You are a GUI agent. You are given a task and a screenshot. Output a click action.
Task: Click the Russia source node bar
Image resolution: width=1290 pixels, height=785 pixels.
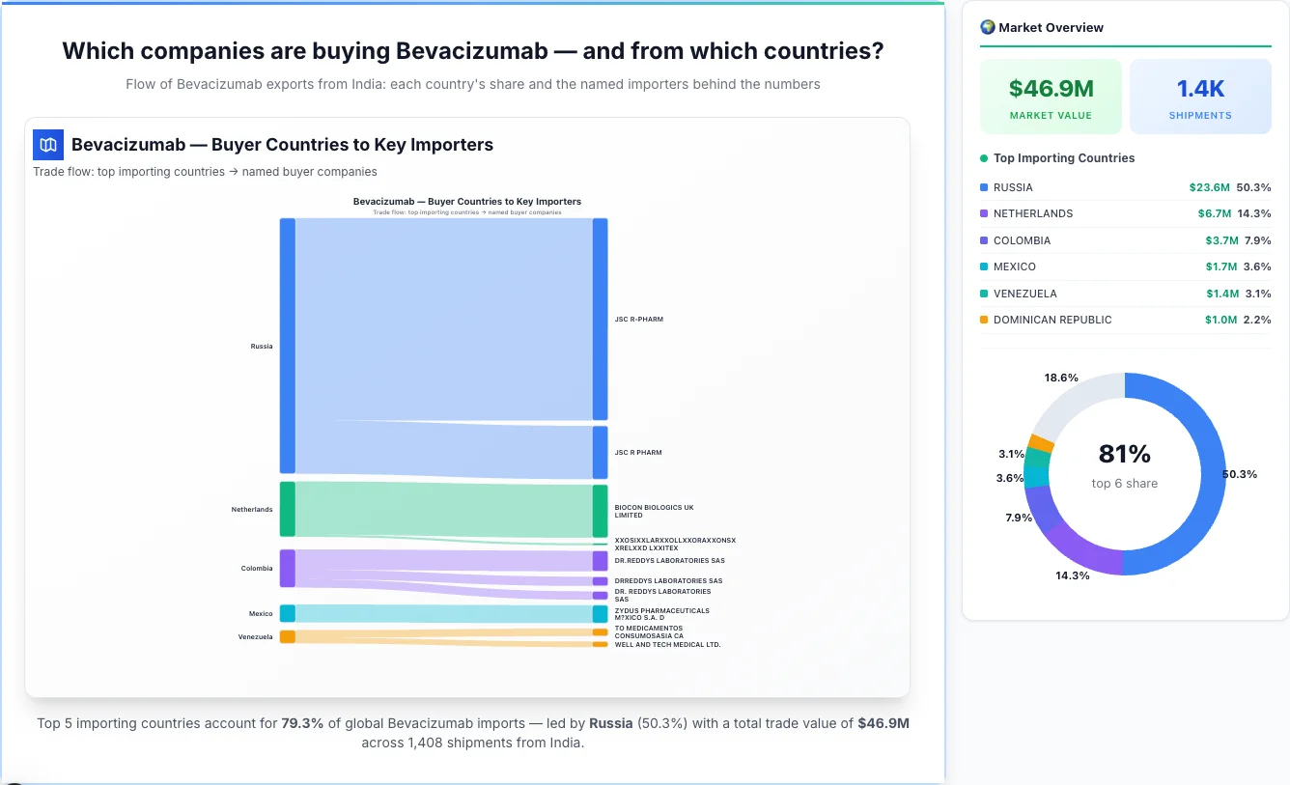tap(287, 346)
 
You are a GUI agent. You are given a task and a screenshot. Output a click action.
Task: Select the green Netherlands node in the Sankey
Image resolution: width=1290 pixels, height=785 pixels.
tap(287, 509)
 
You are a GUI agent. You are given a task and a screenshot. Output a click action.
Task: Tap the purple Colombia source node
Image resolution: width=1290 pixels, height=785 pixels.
tap(287, 568)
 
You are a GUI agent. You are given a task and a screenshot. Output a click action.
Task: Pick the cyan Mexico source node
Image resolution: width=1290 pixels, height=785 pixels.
tap(287, 613)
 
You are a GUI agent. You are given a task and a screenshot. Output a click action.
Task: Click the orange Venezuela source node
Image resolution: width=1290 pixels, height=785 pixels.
tap(287, 636)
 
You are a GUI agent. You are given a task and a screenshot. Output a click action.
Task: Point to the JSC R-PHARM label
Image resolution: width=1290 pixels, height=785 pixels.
tap(638, 320)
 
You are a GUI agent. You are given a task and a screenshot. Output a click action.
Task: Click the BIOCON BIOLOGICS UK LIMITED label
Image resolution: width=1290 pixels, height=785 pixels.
tap(654, 511)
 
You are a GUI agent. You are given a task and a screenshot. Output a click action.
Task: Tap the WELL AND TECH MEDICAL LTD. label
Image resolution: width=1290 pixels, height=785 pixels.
tap(667, 644)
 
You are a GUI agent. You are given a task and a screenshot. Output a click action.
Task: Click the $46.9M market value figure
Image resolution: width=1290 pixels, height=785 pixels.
tap(1051, 89)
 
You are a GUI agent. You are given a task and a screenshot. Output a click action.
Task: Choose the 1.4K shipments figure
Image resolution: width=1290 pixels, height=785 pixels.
tap(1200, 89)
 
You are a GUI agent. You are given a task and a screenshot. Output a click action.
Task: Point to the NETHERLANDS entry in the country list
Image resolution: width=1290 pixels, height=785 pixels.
tap(1032, 213)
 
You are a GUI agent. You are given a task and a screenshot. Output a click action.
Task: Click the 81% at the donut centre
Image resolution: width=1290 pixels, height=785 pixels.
tap(1124, 454)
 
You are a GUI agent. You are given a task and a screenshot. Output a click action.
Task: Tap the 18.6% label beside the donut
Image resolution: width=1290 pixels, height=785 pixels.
tap(1061, 378)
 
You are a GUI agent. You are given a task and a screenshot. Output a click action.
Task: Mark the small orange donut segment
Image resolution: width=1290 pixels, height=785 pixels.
tap(1040, 442)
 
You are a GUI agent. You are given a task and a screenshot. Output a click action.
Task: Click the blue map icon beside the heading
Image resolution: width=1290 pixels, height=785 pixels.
tap(47, 145)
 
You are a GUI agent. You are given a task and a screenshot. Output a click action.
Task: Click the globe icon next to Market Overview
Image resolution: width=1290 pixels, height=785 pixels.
tap(987, 27)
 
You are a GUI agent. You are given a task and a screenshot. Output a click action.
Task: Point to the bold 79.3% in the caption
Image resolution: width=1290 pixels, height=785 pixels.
tap(302, 723)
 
